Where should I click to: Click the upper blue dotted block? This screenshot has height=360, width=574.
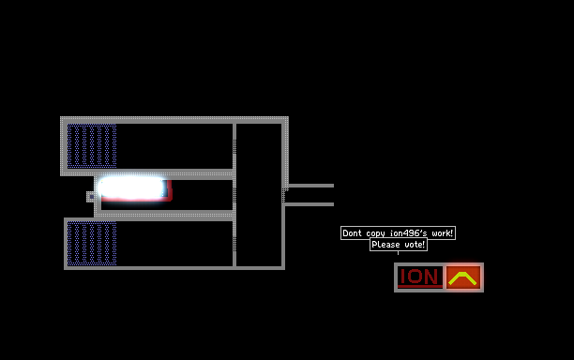[x=92, y=146]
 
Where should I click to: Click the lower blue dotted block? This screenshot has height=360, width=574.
[x=92, y=244]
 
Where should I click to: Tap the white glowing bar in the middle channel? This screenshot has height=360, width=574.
[x=131, y=187]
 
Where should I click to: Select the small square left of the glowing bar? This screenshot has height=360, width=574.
[x=91, y=197]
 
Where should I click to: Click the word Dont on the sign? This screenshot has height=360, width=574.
[x=352, y=233]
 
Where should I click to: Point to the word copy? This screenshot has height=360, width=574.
[x=375, y=233]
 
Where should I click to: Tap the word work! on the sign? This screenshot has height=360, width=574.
[x=442, y=233]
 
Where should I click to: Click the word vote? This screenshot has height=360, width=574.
[x=415, y=245]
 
